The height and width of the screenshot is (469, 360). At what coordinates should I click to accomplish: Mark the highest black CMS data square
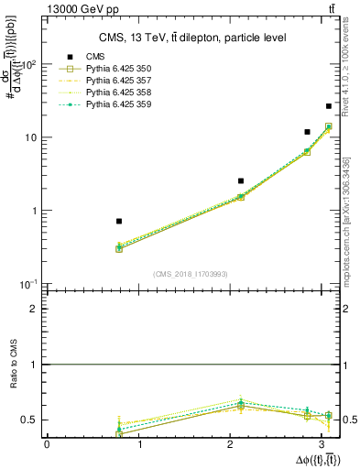(329, 106)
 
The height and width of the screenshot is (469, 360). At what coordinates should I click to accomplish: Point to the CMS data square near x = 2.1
(241, 181)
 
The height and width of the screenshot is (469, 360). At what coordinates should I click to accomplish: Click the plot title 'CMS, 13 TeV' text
(192, 38)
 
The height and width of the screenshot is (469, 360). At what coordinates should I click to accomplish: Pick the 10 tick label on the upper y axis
(29, 137)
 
